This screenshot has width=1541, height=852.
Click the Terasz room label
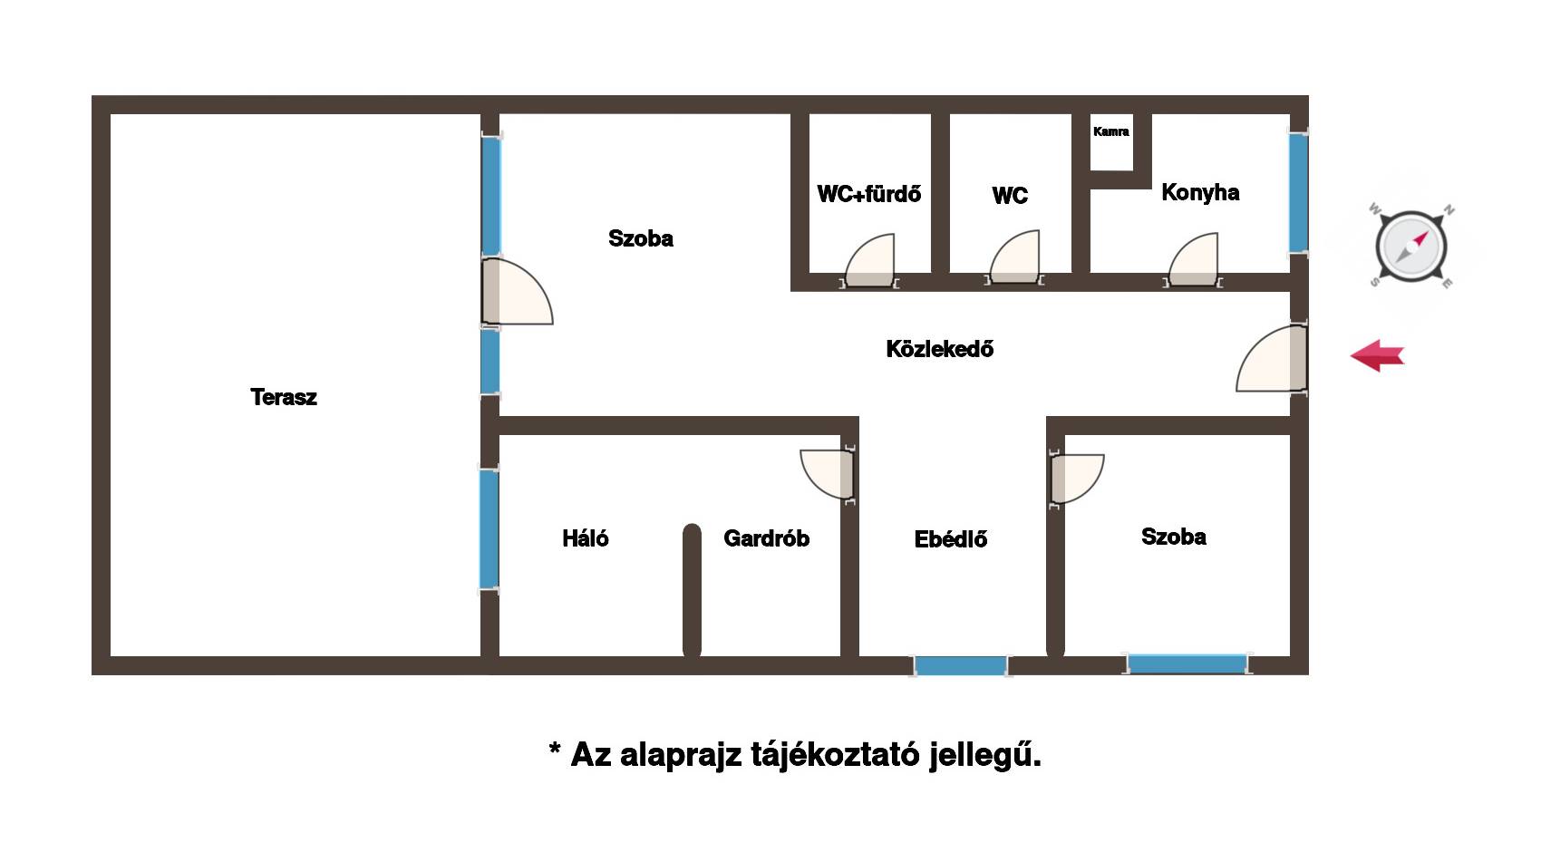tap(284, 397)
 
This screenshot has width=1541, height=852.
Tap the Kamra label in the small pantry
tap(1111, 131)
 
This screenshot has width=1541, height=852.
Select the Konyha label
tap(1200, 192)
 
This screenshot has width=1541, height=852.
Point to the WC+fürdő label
tap(869, 194)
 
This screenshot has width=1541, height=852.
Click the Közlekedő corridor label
tap(940, 349)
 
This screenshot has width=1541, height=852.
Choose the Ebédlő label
tap(951, 539)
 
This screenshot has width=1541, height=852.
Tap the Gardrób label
tap(766, 537)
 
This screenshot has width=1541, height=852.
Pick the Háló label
tap(586, 537)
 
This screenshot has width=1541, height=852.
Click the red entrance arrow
tap(1377, 355)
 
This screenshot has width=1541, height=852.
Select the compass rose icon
tap(1411, 247)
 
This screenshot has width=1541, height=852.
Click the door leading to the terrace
tap(517, 292)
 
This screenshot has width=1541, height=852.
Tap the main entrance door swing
tap(1271, 358)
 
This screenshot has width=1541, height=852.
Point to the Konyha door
tap(1193, 259)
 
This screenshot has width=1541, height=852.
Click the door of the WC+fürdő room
tap(869, 260)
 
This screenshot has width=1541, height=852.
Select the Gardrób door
tap(827, 474)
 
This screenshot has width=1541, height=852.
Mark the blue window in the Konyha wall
tap(1298, 192)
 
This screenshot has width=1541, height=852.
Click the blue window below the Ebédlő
tap(960, 665)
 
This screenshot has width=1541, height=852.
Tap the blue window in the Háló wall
tap(489, 528)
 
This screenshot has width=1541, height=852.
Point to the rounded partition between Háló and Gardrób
tap(692, 590)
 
